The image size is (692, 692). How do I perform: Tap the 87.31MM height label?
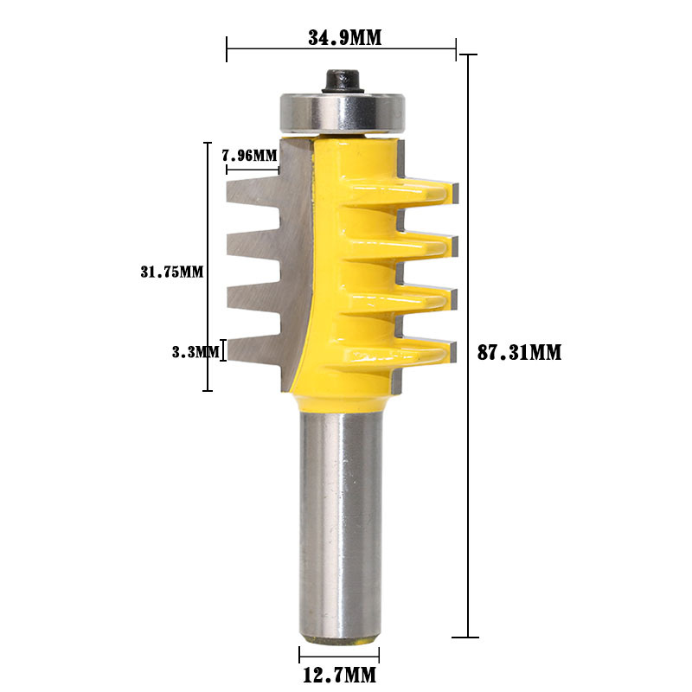[x=520, y=352]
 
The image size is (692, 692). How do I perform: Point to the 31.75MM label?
[x=171, y=271]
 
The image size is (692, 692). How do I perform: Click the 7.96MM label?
[x=249, y=156]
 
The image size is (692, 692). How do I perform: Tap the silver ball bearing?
[x=343, y=110]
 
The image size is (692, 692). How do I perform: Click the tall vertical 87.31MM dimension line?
[x=468, y=346]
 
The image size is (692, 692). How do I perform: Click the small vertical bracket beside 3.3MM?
[x=225, y=350]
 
